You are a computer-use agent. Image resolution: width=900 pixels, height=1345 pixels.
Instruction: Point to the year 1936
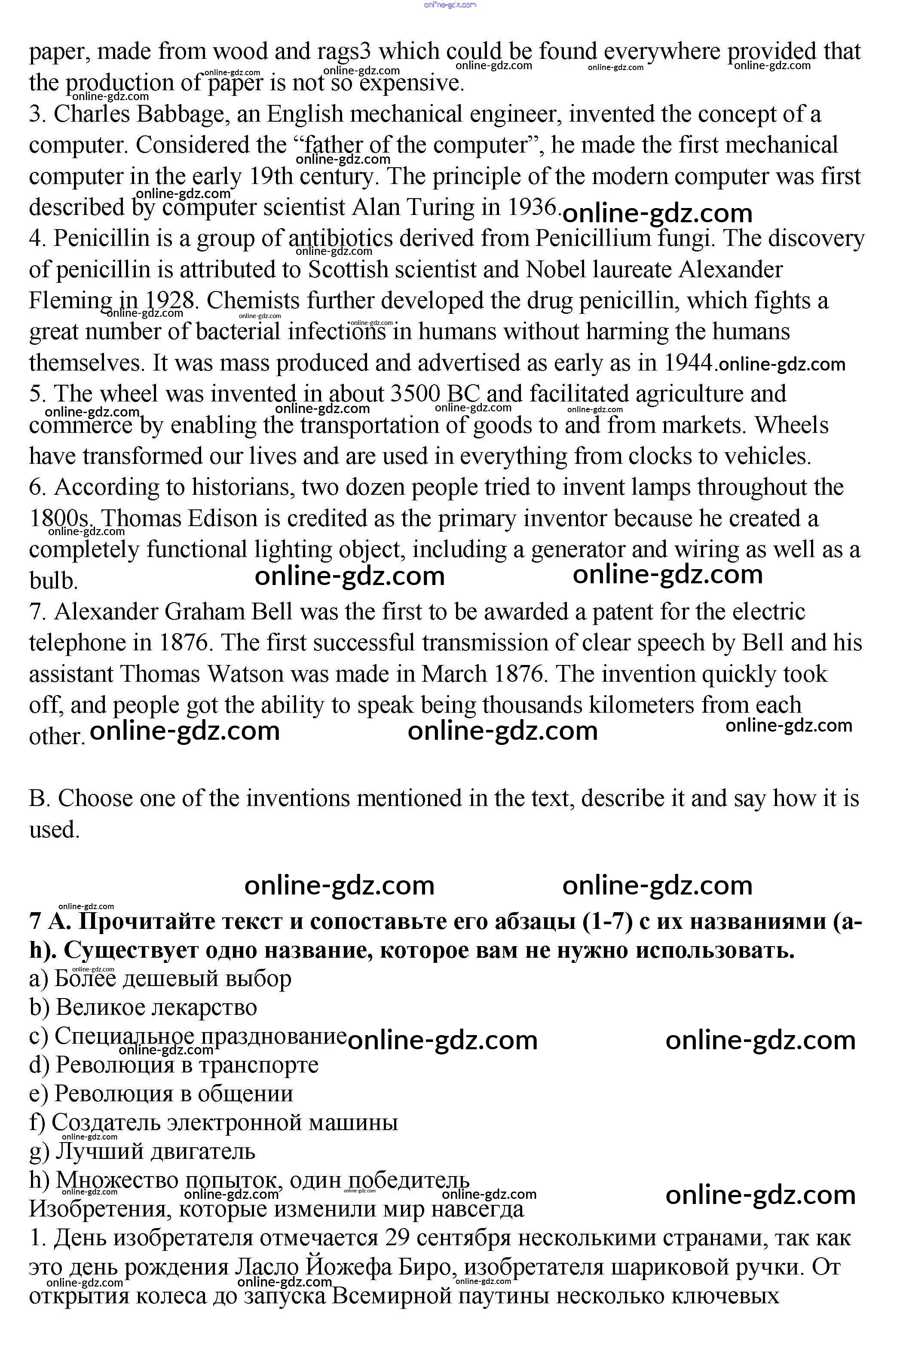point(533,207)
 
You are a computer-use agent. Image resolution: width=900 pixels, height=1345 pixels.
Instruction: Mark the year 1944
point(688,363)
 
